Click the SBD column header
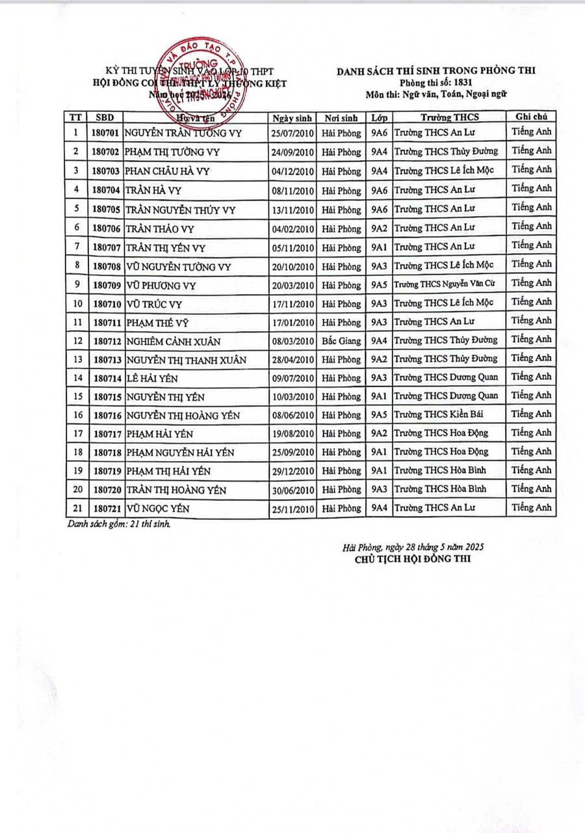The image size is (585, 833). click(104, 118)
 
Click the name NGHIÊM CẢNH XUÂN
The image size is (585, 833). click(174, 341)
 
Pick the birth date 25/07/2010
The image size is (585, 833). click(293, 133)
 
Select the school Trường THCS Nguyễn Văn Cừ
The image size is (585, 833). click(448, 283)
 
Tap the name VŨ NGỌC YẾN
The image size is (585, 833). click(158, 509)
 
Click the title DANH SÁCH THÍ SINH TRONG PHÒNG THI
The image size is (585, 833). click(435, 71)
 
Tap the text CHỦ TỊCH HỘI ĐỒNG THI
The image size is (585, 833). click(412, 558)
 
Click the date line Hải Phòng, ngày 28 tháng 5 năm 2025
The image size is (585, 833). click(413, 548)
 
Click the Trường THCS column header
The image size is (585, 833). click(449, 117)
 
